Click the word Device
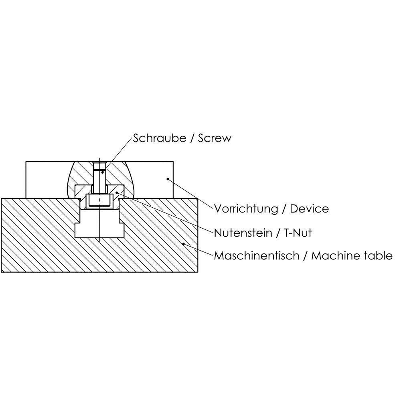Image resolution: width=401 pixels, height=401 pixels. (309, 209)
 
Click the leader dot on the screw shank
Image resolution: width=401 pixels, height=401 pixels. (103, 172)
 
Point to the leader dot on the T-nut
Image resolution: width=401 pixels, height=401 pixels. (117, 192)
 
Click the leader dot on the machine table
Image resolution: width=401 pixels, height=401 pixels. (184, 243)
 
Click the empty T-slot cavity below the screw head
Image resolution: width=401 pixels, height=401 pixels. (99, 225)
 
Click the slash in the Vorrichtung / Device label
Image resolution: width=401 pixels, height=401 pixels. (284, 209)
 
